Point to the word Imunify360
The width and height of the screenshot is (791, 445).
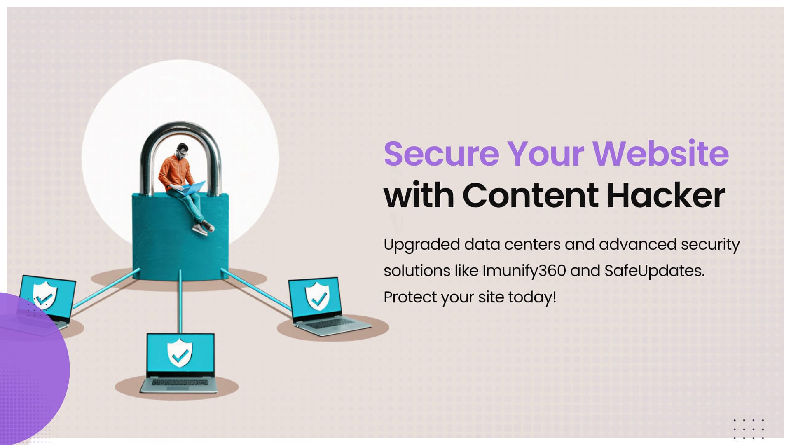(524, 271)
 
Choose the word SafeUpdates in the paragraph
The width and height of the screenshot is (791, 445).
(654, 271)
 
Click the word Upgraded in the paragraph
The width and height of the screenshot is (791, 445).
(421, 245)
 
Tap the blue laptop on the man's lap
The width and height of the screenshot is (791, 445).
(194, 187)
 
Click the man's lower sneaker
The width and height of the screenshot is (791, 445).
(201, 230)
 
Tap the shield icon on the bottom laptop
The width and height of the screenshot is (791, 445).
(180, 353)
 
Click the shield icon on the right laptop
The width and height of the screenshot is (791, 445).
(317, 296)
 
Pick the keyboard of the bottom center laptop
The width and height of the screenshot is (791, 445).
(180, 383)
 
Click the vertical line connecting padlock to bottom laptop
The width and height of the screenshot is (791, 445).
(180, 301)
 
